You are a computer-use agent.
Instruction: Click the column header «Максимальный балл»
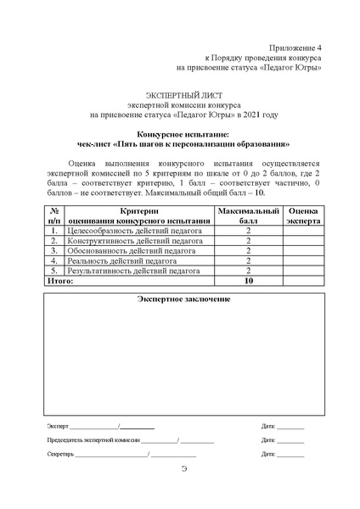point(249,215)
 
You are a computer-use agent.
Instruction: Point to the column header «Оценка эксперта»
point(303,215)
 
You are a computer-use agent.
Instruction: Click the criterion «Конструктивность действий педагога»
point(135,241)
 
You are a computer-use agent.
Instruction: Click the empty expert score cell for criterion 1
point(303,230)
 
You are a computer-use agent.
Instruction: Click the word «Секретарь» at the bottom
point(61,455)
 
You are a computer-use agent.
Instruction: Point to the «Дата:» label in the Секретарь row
point(269,455)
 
